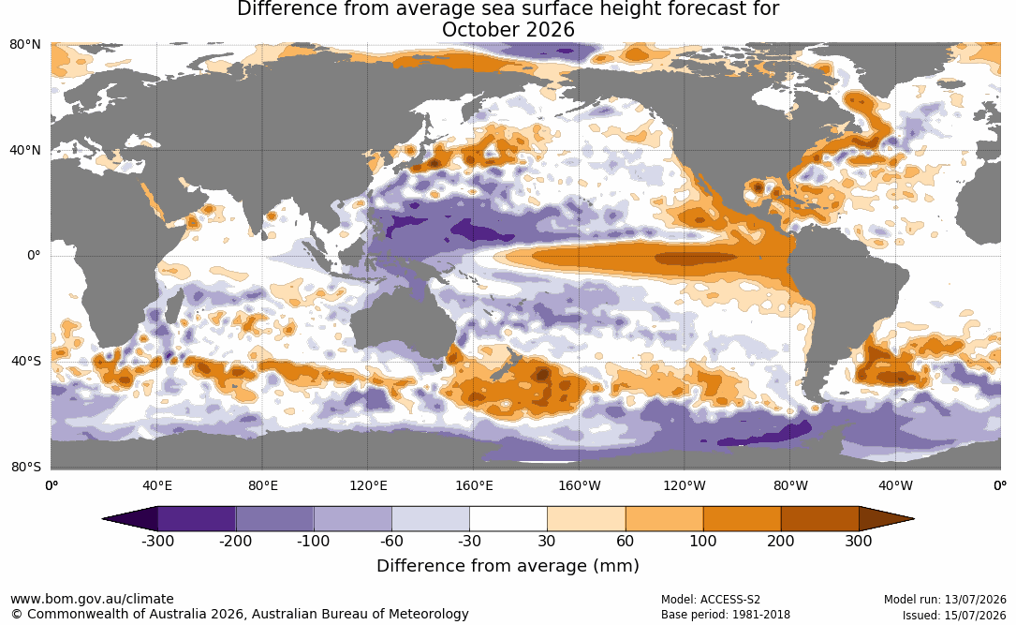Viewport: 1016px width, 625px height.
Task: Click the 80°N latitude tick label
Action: tap(25, 44)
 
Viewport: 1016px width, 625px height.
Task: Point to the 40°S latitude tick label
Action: tap(26, 361)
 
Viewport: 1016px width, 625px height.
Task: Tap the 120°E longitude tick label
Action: tap(368, 485)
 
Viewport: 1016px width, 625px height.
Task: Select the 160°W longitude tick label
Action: tap(579, 485)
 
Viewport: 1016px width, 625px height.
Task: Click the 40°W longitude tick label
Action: tap(895, 485)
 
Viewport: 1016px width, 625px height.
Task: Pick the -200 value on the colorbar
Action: tap(235, 541)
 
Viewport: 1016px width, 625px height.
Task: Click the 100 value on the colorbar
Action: tap(703, 541)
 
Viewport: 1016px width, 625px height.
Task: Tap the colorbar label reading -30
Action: tap(469, 541)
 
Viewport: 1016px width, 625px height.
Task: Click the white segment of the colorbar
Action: tap(508, 519)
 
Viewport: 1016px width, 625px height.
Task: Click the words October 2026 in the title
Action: tap(508, 30)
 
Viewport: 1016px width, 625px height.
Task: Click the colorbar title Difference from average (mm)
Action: tap(508, 566)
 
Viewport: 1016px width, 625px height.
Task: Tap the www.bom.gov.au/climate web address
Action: tap(92, 599)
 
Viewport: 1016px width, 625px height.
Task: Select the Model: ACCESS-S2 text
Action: tap(710, 600)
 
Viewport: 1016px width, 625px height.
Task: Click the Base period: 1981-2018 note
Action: tap(725, 615)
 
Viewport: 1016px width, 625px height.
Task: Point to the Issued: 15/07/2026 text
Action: tap(954, 615)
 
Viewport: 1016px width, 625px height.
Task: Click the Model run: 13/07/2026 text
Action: tap(945, 600)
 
